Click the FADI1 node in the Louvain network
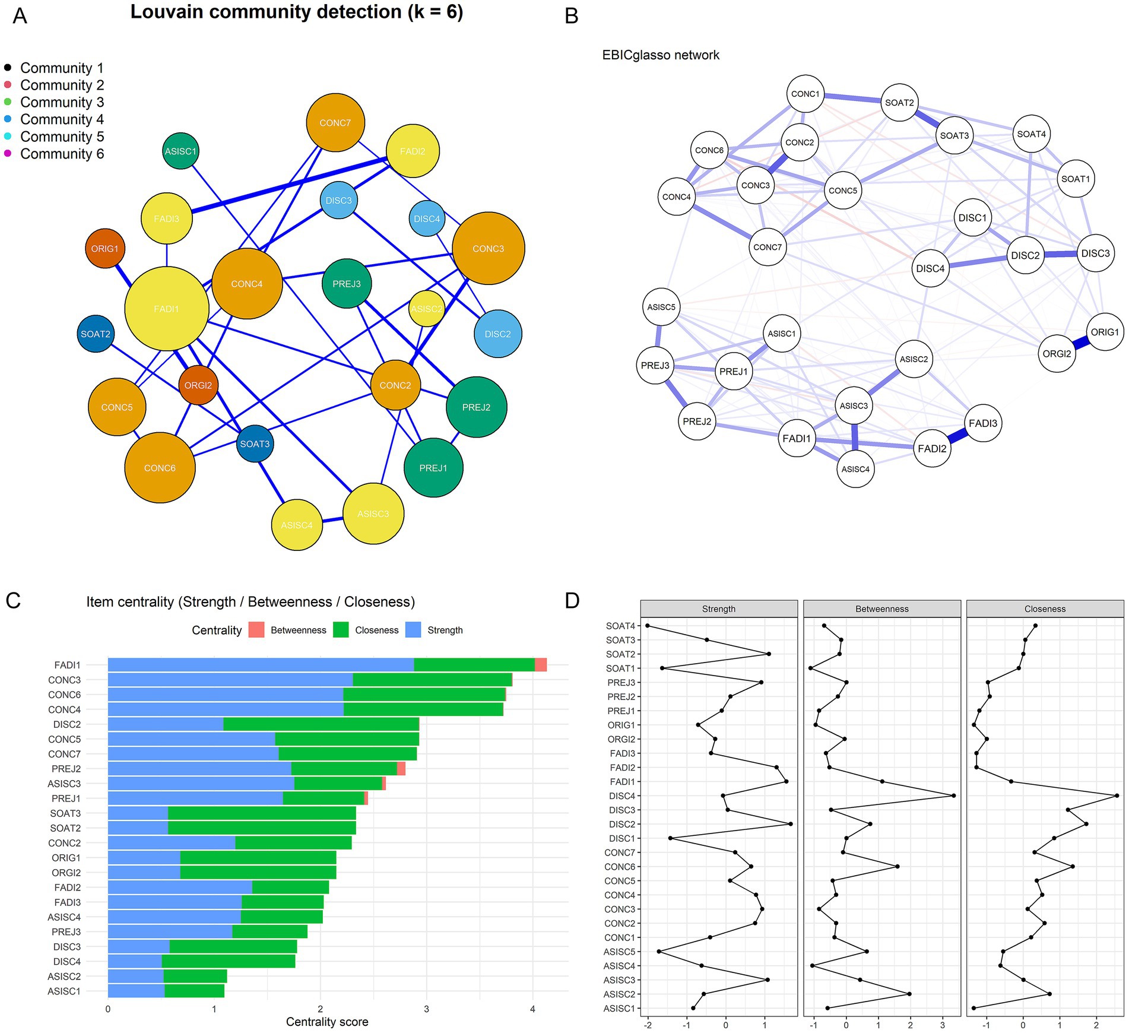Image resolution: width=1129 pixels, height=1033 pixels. [x=167, y=309]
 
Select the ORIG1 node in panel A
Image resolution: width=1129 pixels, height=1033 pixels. [x=105, y=248]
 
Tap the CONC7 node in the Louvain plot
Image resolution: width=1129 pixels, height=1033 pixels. [x=335, y=123]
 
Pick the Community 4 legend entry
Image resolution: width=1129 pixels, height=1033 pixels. [x=62, y=119]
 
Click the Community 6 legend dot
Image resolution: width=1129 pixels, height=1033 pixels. [x=8, y=154]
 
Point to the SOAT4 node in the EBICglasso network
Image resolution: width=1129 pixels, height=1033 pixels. [x=1031, y=134]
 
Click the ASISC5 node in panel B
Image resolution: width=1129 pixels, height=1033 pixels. [x=661, y=307]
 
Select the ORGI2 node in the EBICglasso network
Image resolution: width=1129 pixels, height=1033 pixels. [x=1057, y=354]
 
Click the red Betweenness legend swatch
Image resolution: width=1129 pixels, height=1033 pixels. [x=256, y=630]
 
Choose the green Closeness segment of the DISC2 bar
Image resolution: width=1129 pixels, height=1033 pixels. [x=321, y=724]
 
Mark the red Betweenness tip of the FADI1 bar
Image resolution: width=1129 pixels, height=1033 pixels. [x=541, y=665]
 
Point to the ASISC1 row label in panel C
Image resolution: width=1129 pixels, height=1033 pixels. [x=64, y=991]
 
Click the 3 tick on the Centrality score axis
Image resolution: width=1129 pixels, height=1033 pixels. [x=426, y=1009]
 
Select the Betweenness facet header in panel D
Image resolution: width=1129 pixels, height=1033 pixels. [x=881, y=609]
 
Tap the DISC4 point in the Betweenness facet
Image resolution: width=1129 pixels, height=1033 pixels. [x=953, y=796]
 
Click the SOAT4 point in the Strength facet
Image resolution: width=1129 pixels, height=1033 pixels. [x=648, y=626]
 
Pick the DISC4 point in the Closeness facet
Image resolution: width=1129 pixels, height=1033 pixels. [x=1117, y=796]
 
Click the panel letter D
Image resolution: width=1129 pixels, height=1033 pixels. [x=572, y=601]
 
